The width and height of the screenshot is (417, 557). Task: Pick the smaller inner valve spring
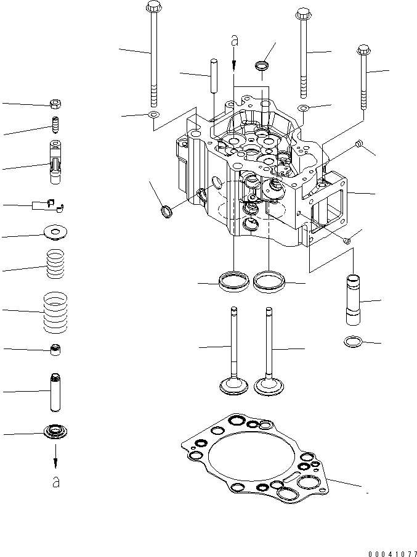(x=56, y=265)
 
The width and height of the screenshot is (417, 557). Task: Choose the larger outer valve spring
(x=56, y=311)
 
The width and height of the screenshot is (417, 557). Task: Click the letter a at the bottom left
(x=56, y=482)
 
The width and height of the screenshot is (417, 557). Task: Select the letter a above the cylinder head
(x=234, y=41)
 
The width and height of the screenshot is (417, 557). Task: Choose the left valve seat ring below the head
(x=234, y=281)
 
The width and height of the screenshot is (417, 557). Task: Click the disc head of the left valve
(x=234, y=386)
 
